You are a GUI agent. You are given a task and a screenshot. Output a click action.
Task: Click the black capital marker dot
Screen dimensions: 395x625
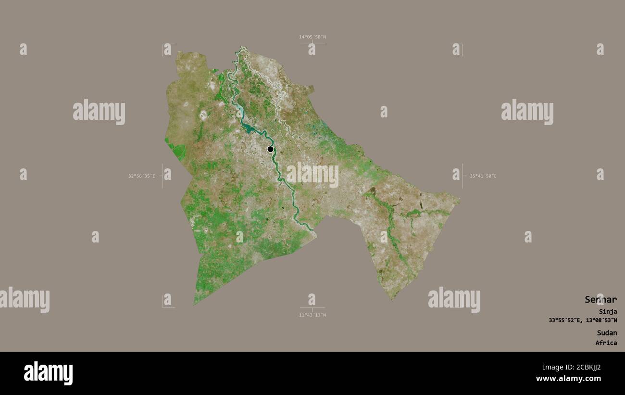pos(270,149)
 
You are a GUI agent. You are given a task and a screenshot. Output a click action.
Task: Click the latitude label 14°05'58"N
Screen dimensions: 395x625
pos(312,37)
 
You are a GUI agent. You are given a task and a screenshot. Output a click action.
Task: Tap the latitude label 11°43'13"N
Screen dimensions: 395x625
pos(312,315)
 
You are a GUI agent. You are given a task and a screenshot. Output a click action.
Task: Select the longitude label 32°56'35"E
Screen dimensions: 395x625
pos(141,176)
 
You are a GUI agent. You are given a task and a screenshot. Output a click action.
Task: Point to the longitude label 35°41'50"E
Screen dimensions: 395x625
pos(483,176)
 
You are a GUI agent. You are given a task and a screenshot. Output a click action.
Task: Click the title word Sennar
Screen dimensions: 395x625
pos(600,300)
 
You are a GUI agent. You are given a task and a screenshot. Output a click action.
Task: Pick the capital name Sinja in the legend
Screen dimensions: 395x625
pos(608,312)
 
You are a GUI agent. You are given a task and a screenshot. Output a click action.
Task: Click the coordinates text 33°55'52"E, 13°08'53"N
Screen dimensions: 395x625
pos(583,320)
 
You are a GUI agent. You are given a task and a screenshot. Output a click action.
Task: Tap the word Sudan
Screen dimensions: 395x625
pos(607,333)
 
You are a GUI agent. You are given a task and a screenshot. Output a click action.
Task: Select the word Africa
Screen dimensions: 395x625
pos(606,343)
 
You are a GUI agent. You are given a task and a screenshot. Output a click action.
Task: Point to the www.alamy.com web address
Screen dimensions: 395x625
pos(568,379)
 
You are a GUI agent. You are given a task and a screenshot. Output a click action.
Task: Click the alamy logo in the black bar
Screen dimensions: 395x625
pos(48,373)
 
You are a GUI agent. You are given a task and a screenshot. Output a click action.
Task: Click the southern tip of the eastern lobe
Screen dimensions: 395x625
pos(392,300)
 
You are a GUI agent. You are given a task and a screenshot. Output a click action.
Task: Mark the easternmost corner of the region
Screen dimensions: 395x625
pos(459,200)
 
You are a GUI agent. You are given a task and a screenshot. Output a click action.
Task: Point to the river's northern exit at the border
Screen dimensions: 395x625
pos(242,48)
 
